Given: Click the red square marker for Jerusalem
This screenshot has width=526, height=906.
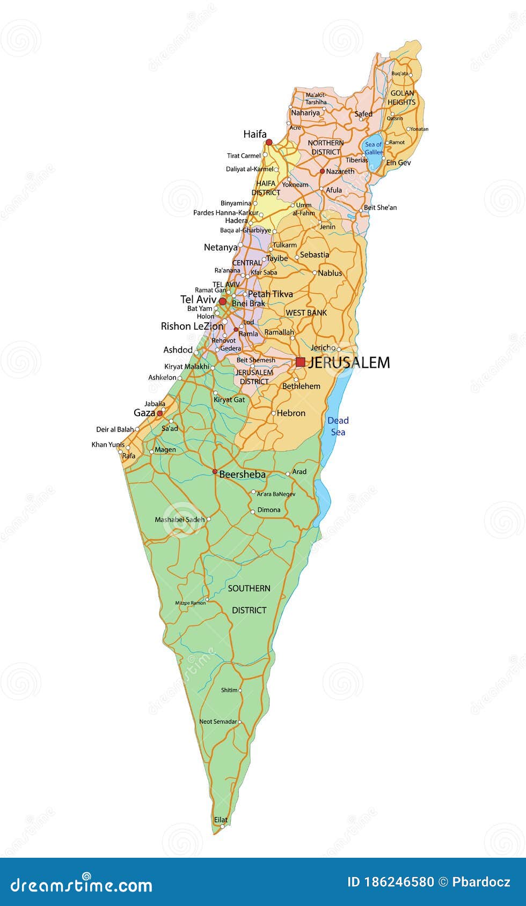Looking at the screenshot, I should click(x=301, y=362).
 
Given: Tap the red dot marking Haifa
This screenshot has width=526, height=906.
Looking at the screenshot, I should click(x=269, y=142).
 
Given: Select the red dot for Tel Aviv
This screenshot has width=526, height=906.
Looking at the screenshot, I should click(x=223, y=301).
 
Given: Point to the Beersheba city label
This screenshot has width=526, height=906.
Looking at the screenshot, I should click(x=242, y=474).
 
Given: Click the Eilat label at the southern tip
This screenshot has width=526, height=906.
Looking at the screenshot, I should click(x=221, y=820).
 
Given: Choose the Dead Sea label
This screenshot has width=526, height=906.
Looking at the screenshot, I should click(x=338, y=426).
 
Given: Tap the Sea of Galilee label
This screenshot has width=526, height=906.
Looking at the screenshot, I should click(x=374, y=148).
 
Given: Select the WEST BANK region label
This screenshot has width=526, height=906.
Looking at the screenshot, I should click(x=306, y=313).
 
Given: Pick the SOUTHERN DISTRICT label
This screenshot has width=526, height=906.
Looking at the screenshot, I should click(x=249, y=599).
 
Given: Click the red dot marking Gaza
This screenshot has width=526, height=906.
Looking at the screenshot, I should click(x=159, y=413).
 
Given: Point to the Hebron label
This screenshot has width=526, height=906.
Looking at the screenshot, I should click(x=291, y=413).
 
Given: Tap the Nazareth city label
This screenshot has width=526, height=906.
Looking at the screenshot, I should click(x=340, y=172).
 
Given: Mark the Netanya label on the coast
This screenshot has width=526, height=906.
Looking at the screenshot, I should click(x=221, y=247).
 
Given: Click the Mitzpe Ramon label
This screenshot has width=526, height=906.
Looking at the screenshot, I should click(x=191, y=603).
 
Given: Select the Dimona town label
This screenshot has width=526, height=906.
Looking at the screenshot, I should click(x=269, y=510).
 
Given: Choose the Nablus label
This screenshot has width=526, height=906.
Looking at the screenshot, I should click(x=330, y=273).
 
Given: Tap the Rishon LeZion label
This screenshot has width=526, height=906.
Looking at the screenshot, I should click(x=192, y=326).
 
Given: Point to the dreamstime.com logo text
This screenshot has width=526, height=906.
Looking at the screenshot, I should click(x=82, y=885).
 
